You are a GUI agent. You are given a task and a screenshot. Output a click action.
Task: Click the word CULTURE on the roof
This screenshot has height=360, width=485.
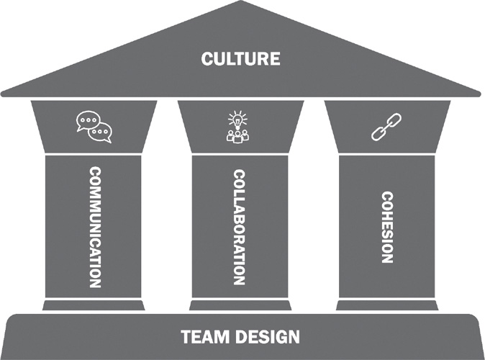[240, 58]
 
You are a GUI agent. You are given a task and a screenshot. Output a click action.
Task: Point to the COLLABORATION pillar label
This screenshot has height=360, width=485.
[240, 227]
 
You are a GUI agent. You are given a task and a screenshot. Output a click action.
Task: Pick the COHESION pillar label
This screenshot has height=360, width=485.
[387, 227]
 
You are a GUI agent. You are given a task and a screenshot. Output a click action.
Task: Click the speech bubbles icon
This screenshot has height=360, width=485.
[94, 127]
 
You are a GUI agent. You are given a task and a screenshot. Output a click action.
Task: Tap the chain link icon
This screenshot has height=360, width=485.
[381, 127]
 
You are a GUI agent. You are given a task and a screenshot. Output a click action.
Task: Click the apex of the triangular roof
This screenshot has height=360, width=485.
[240, 4]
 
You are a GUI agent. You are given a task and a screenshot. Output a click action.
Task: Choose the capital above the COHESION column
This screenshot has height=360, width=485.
[387, 126]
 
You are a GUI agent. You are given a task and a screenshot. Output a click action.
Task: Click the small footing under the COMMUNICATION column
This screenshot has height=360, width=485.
[94, 305]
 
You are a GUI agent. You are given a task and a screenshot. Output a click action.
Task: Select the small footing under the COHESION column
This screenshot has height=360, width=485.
[387, 305]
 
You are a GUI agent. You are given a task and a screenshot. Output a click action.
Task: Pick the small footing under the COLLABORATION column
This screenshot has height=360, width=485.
[240, 305]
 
